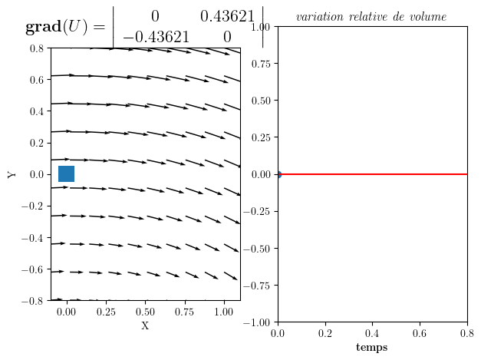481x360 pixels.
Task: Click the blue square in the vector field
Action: pyautogui.click(x=66, y=174)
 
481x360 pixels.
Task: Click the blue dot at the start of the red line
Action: pyautogui.click(x=278, y=174)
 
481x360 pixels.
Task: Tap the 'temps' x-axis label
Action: pyautogui.click(x=372, y=348)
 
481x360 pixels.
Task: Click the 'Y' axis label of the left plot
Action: pyautogui.click(x=12, y=174)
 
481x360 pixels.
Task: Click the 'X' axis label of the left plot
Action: pyautogui.click(x=145, y=326)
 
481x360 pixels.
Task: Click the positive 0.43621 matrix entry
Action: pyautogui.click(x=227, y=17)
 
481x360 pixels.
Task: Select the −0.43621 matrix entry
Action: pyautogui.click(x=156, y=37)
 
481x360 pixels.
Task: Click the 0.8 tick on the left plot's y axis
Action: pyautogui.click(x=36, y=48)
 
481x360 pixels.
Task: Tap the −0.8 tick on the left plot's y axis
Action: pyautogui.click(x=33, y=301)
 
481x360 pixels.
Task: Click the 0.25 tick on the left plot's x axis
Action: pyautogui.click(x=106, y=312)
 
